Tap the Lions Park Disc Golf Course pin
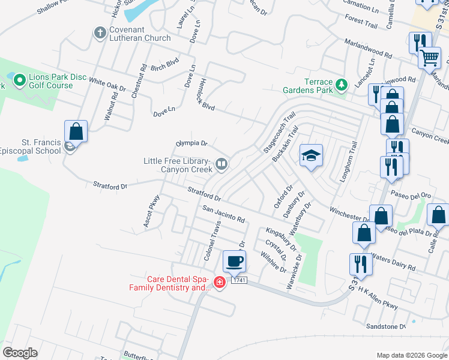pos(19,79)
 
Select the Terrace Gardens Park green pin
pos(342,85)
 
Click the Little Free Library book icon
pos(221,164)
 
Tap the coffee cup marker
pos(234,262)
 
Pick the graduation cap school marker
pos(311,156)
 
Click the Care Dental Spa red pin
pos(219,283)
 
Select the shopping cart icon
pos(430,58)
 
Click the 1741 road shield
pos(239,280)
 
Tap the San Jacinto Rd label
pos(224,214)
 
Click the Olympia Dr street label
pos(191,143)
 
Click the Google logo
pos(20,353)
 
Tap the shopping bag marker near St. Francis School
pos(76,131)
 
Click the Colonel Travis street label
pos(212,239)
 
